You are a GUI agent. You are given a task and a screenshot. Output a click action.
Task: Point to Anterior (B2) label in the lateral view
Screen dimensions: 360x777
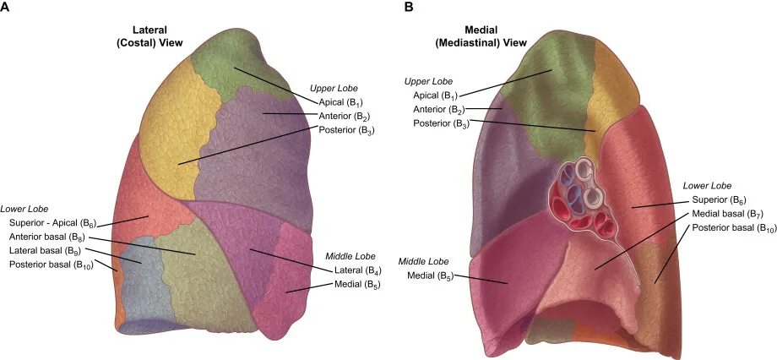(x=345, y=116)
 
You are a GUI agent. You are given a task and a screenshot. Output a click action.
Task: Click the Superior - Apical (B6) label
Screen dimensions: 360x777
(x=53, y=222)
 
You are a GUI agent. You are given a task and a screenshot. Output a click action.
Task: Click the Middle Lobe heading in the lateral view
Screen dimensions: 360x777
(x=350, y=256)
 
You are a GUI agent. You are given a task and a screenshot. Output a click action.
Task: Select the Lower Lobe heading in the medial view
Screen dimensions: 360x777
(x=707, y=185)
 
